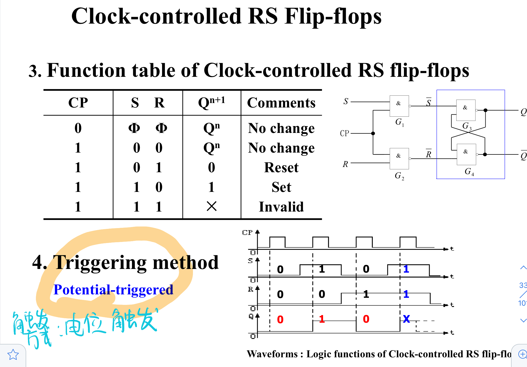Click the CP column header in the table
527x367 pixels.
coord(78,102)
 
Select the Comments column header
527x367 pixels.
coord(281,102)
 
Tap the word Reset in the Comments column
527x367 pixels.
coord(281,168)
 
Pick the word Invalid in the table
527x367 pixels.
coord(281,207)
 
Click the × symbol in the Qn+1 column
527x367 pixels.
coord(212,206)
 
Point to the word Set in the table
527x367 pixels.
coord(281,187)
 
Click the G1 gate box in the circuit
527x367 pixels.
coord(399,106)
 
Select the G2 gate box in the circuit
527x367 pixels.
coord(399,159)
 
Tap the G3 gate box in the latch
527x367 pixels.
coord(466,110)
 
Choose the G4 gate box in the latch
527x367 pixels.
coord(466,154)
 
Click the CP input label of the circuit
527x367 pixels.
coord(345,133)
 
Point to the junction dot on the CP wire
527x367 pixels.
coord(373,133)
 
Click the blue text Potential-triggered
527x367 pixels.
coord(113,290)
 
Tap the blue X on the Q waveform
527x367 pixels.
coord(406,319)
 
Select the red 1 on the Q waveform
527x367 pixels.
coord(322,319)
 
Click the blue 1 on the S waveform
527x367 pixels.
coord(406,269)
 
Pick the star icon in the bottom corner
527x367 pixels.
coord(13,355)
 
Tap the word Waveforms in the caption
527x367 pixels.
coord(272,354)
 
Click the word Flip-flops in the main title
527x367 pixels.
coord(333,16)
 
